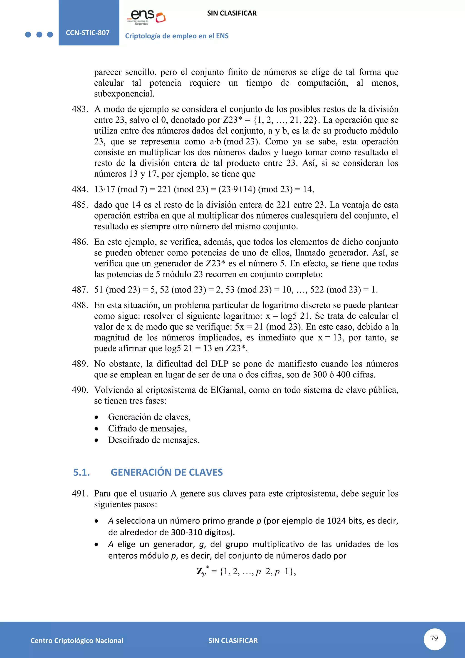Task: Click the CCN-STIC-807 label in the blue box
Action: click(88, 33)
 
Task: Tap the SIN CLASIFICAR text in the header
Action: click(232, 13)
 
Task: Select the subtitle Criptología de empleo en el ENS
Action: click(177, 36)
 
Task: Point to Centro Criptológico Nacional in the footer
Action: click(77, 641)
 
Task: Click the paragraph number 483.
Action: click(80, 109)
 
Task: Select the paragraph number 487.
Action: click(80, 290)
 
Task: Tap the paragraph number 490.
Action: click(80, 390)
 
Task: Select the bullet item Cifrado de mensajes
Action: click(147, 429)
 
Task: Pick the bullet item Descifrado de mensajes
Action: click(153, 440)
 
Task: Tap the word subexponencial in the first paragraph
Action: click(124, 94)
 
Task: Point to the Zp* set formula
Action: click(246, 571)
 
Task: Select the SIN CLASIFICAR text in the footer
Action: click(233, 641)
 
